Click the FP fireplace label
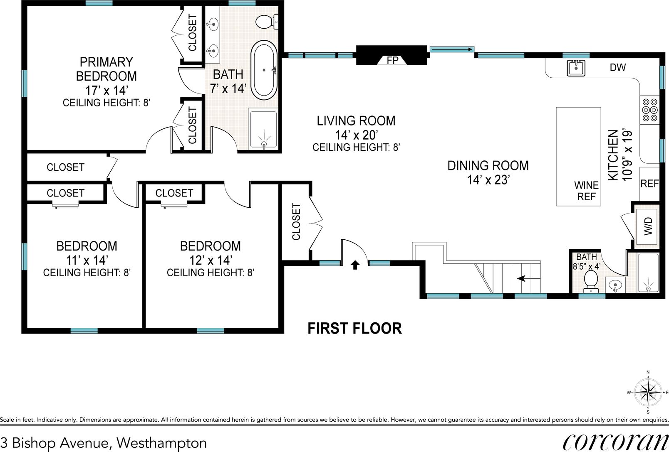[392, 61]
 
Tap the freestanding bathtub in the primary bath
[264, 70]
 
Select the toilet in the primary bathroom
[267, 22]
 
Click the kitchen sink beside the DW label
[576, 68]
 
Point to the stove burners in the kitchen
[649, 110]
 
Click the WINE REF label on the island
[586, 191]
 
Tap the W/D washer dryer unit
[647, 226]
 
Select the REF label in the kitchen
[649, 184]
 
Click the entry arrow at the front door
[355, 265]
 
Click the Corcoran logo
[616, 442]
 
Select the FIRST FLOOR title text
[354, 328]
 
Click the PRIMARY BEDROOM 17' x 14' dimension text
[107, 90]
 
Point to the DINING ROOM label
[488, 165]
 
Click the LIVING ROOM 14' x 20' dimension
[356, 135]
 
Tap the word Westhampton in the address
[161, 443]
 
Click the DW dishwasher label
[618, 67]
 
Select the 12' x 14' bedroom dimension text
[211, 260]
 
